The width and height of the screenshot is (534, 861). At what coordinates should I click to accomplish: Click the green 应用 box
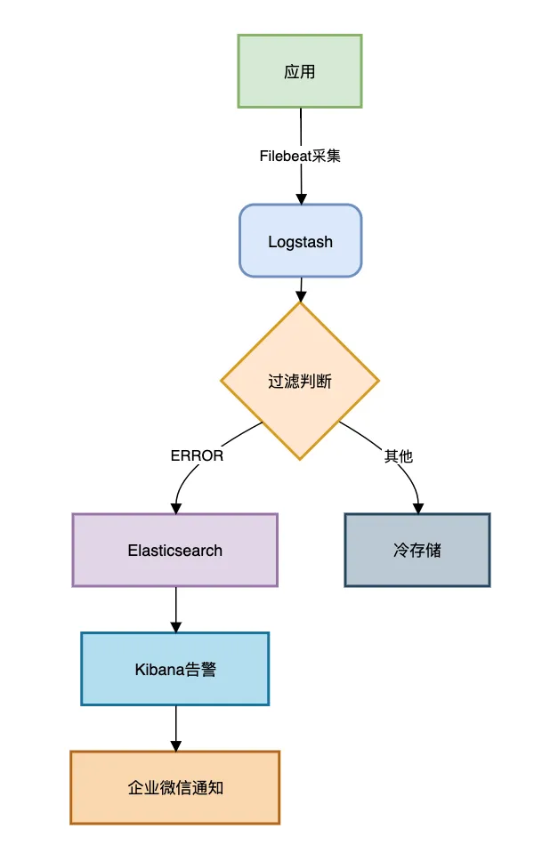coord(300,71)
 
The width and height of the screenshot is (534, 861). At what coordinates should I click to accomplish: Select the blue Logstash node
coord(300,241)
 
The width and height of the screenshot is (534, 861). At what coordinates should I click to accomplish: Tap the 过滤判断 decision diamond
coord(300,382)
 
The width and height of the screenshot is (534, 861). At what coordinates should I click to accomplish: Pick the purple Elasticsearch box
coord(174,550)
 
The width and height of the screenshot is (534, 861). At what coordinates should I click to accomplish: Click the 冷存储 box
coord(417,550)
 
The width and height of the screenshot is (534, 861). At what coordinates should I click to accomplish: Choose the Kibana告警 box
coord(174,669)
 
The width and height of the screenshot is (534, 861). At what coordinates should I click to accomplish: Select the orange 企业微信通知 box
coord(174,787)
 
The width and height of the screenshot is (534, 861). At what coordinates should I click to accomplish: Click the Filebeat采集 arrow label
coord(300,156)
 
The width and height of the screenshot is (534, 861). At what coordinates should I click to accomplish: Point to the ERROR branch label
coord(197,455)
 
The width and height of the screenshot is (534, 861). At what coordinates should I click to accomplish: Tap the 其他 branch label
coord(398,455)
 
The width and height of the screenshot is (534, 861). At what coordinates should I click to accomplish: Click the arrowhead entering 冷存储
coord(417,507)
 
